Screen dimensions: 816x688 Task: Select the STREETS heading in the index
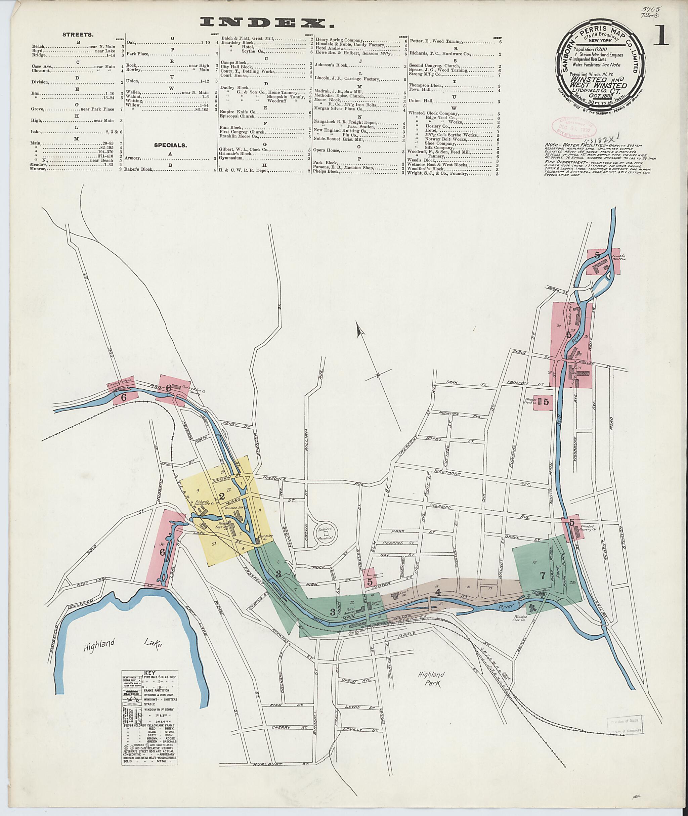pos(78,35)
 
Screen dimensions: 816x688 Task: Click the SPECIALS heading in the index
pos(170,145)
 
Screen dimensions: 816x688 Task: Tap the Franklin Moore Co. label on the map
pos(620,258)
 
